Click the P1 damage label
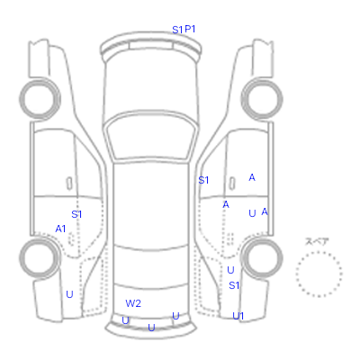click(190, 29)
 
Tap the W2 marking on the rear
click(133, 303)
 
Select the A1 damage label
click(60, 229)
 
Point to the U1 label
click(238, 316)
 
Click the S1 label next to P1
click(177, 30)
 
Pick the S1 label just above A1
click(76, 214)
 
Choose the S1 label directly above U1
click(234, 285)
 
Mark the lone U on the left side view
click(69, 294)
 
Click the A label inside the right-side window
click(252, 177)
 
